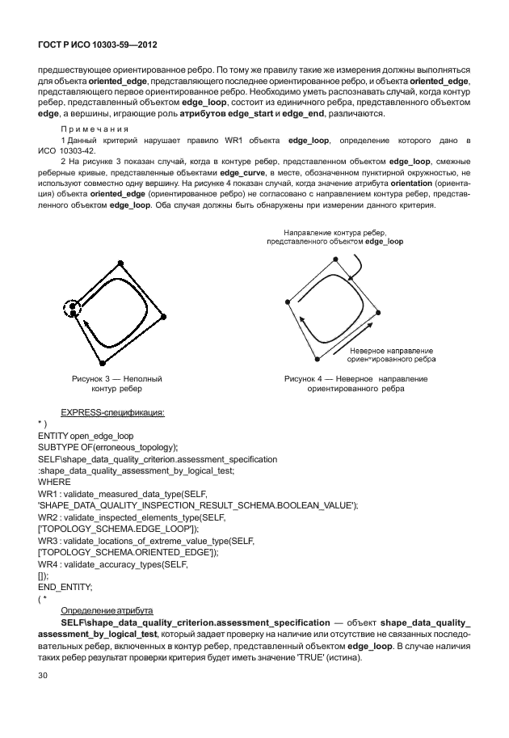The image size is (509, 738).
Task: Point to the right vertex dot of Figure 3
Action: tap(165, 316)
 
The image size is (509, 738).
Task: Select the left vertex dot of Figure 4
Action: tap(288, 303)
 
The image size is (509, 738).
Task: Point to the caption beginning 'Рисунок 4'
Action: tap(355, 384)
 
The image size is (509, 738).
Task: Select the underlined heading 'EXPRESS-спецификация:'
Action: tap(113, 412)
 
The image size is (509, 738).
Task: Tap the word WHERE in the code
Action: tap(55, 481)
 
